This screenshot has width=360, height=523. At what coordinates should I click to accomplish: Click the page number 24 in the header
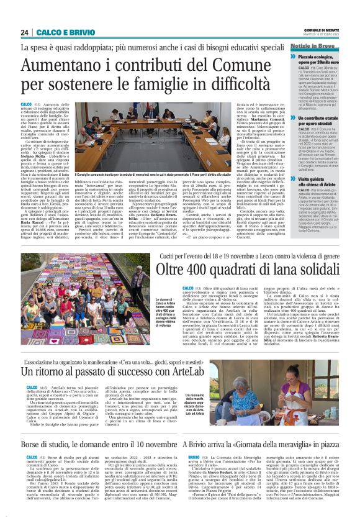click(25, 32)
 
